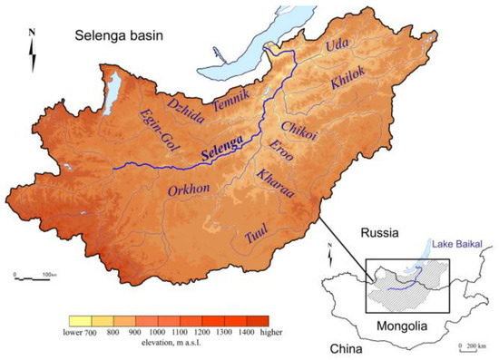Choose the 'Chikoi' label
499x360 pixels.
(x=298, y=130)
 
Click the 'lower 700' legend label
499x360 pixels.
(x=83, y=332)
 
